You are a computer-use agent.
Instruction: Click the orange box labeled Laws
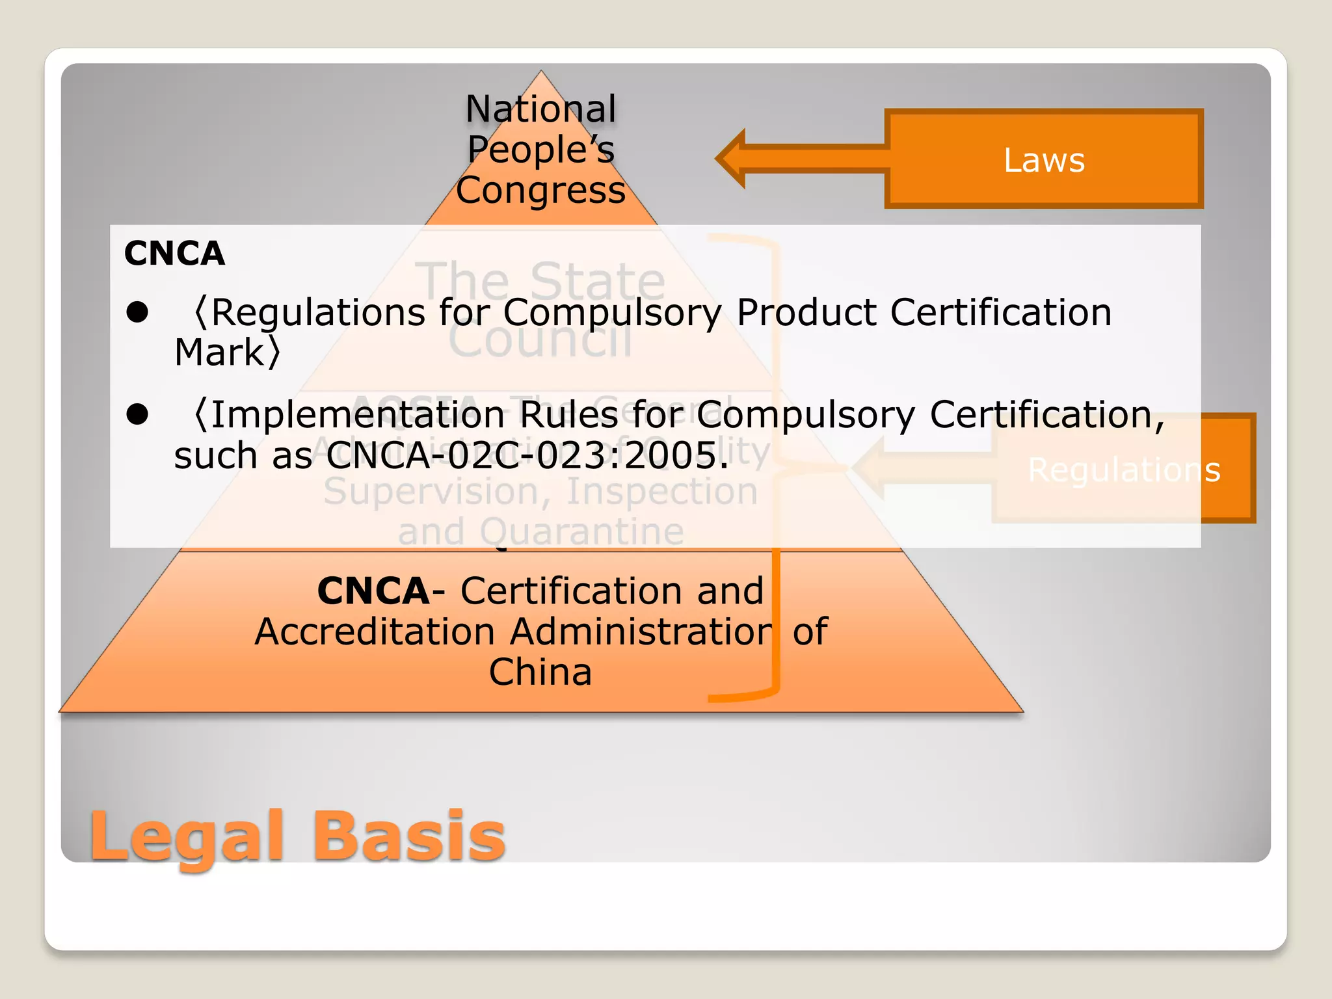click(x=1044, y=159)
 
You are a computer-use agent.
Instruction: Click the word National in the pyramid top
click(x=540, y=109)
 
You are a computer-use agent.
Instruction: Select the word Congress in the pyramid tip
click(x=540, y=191)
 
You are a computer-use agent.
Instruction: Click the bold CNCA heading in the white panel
click(x=174, y=253)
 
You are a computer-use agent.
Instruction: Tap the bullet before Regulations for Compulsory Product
click(x=138, y=312)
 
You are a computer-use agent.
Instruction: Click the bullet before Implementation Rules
click(x=138, y=414)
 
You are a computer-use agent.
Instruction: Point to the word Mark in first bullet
click(x=219, y=353)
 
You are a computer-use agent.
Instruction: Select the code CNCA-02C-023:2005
click(x=527, y=455)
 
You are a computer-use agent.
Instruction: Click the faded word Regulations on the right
click(x=1124, y=470)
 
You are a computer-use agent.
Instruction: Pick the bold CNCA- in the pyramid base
click(x=373, y=591)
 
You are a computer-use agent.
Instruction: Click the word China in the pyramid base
click(x=540, y=672)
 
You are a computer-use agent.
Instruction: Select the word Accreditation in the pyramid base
click(x=375, y=632)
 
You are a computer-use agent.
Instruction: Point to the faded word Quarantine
click(x=581, y=531)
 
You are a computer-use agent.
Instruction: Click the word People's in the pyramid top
click(x=540, y=150)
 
